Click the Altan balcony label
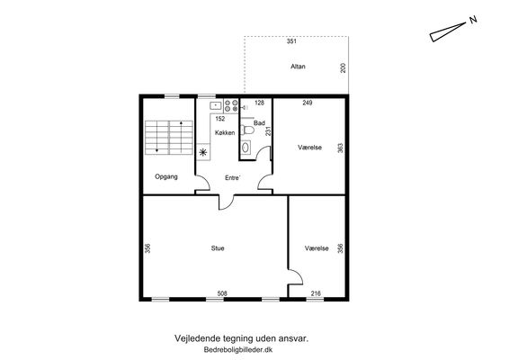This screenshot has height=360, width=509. [298, 67]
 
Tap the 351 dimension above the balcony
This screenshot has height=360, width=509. [291, 41]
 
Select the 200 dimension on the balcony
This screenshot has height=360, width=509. [344, 67]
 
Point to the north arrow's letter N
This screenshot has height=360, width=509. [473, 20]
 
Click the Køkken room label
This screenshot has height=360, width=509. [225, 132]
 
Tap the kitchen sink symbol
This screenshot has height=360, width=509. [216, 105]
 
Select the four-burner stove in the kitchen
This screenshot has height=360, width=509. [231, 106]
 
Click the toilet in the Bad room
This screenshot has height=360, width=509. [247, 130]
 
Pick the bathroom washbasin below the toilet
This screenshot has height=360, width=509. [246, 148]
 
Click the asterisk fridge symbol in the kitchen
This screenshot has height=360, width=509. [203, 152]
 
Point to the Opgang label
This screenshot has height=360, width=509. [166, 176]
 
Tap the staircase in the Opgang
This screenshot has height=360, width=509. [169, 138]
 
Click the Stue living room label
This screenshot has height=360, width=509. [218, 248]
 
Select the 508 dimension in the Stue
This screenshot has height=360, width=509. [222, 293]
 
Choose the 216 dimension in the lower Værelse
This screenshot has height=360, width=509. [316, 293]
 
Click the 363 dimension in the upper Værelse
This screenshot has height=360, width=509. [340, 148]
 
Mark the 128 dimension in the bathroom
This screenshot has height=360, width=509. [259, 103]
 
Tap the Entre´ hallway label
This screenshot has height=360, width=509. [232, 177]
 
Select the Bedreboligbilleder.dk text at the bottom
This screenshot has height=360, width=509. [238, 350]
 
